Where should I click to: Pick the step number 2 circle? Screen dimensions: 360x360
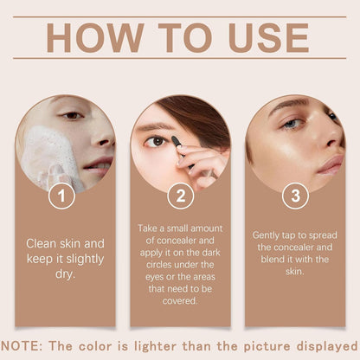point(179,196)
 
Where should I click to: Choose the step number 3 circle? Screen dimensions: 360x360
point(294,196)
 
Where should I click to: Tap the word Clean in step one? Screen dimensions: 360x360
point(41,244)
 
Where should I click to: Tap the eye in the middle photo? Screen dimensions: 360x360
point(156,142)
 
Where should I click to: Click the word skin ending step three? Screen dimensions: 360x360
point(294,271)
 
